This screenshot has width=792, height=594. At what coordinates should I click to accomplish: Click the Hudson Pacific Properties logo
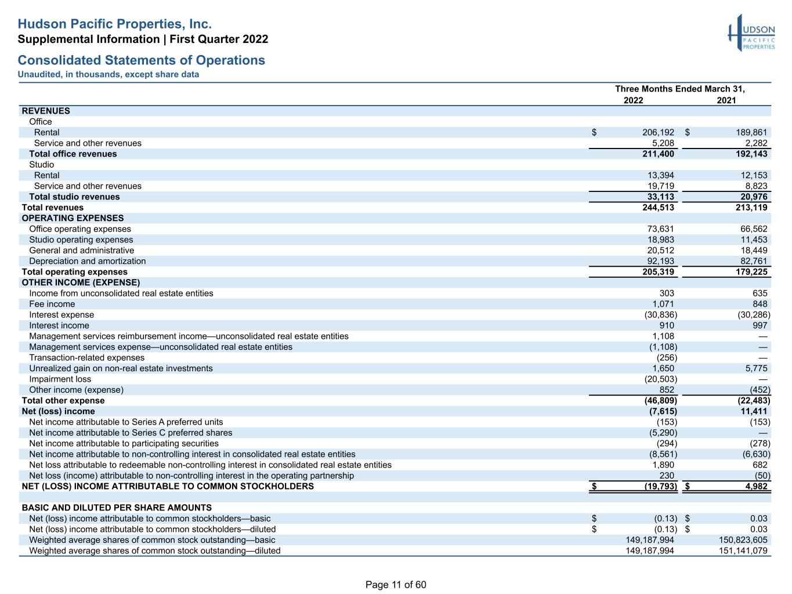pos(751,33)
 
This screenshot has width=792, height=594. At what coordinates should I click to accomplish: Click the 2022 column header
pos(633,100)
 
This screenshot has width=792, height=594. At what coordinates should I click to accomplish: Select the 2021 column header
pos(726,100)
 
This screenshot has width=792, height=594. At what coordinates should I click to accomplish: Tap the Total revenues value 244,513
pos(658,207)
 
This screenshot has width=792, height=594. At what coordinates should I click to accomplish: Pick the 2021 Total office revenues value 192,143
pos(751,154)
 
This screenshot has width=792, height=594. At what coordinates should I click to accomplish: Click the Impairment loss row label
pos(60,379)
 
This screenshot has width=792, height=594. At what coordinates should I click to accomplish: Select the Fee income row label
pos(52,304)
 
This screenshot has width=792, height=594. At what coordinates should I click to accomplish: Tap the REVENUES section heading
pos(46,111)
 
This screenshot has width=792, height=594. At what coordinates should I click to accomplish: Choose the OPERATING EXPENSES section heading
pos(73,218)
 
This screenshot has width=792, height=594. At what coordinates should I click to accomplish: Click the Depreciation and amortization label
pos(87,261)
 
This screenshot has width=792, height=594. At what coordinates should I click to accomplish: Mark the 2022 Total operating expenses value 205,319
pos(658,272)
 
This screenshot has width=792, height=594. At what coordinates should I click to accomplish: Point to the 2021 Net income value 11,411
pos(754,411)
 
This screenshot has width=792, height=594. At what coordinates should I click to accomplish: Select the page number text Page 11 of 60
pos(396,585)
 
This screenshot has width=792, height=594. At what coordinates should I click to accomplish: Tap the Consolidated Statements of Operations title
pos(142,60)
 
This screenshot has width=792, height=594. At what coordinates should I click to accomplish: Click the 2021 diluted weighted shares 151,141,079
pos(743,550)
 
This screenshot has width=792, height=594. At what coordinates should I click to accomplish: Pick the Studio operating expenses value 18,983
pos(660,240)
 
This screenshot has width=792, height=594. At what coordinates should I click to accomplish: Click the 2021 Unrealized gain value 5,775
pos(756,368)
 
